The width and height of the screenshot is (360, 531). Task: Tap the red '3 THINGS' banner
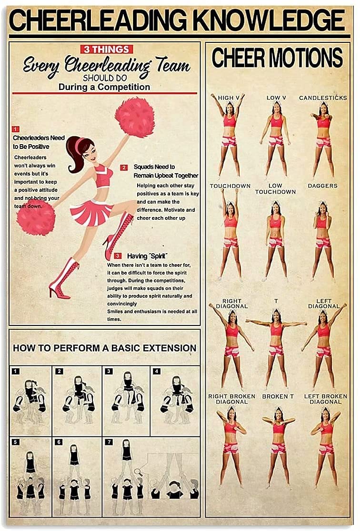tap(107, 49)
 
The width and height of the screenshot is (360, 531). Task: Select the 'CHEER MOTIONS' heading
tap(277, 58)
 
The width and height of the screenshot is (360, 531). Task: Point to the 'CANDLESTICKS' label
tap(323, 98)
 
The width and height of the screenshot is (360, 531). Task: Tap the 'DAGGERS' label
tap(323, 186)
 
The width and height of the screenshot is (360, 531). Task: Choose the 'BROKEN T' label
tap(279, 396)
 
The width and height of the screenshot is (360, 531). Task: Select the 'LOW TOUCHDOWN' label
tap(275, 189)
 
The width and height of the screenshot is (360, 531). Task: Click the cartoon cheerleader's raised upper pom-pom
tap(135, 117)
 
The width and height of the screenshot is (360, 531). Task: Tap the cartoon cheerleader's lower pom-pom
tap(36, 217)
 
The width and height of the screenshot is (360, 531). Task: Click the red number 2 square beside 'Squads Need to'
tap(124, 167)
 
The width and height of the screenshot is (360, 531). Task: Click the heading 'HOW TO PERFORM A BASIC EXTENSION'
tap(104, 348)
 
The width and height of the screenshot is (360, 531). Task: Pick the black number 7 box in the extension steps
tap(110, 442)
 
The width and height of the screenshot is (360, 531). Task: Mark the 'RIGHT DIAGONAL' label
tap(232, 304)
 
